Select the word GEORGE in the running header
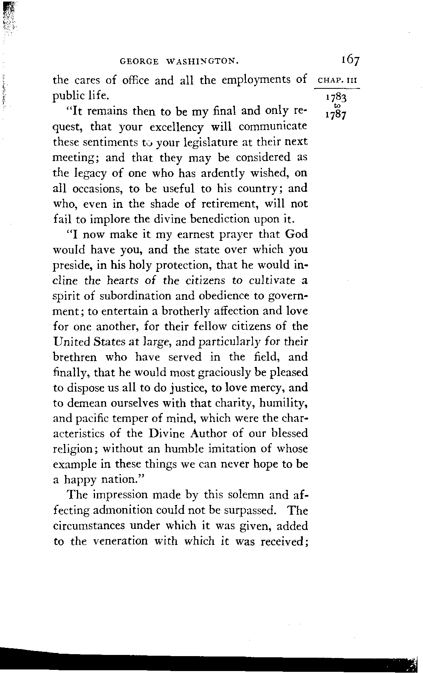139,61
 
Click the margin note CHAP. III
337,81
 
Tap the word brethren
75,357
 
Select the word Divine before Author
165,433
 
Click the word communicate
273,127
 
